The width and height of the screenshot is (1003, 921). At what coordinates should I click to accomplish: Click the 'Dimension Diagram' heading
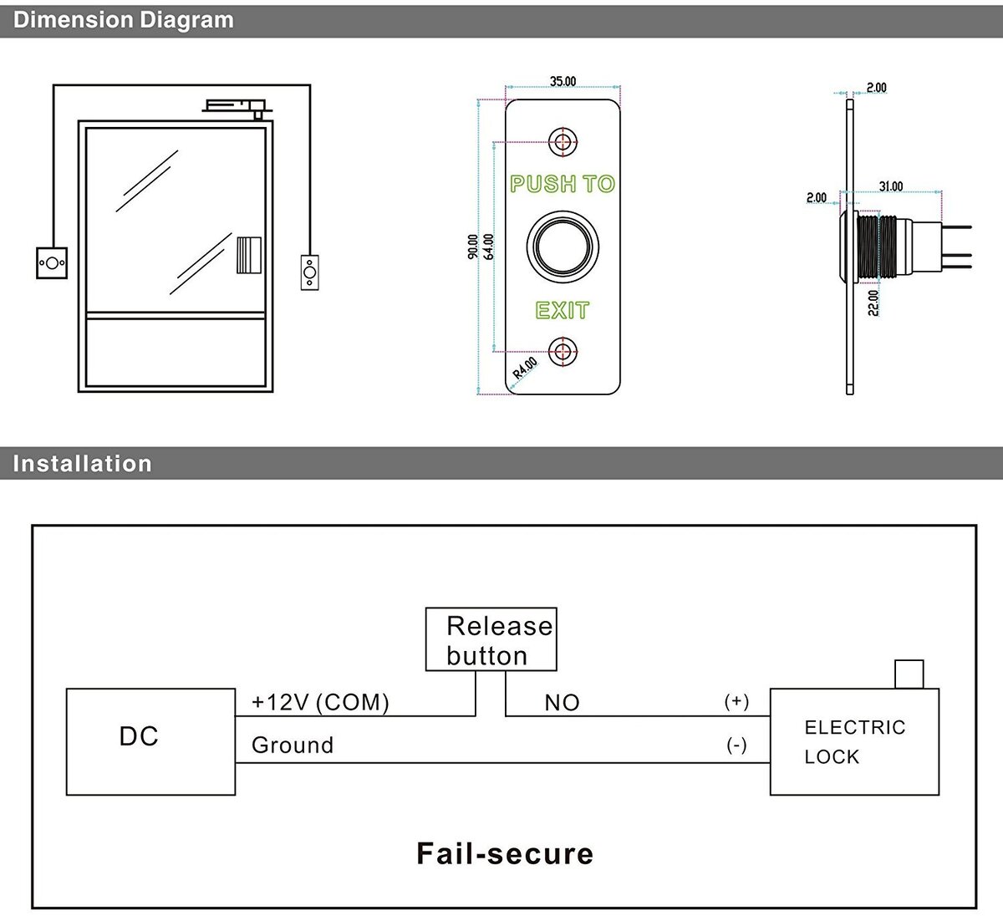pyautogui.click(x=124, y=20)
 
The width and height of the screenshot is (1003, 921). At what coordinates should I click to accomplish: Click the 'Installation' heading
pyautogui.click(x=82, y=463)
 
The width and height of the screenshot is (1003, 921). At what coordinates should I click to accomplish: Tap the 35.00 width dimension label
pyautogui.click(x=563, y=81)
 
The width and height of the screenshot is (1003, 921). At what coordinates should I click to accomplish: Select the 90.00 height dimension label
pyautogui.click(x=473, y=247)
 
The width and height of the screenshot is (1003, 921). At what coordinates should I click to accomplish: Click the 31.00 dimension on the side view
pyautogui.click(x=891, y=186)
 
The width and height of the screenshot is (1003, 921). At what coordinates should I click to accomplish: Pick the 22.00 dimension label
pyautogui.click(x=873, y=303)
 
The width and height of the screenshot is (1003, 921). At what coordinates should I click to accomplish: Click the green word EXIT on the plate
pyautogui.click(x=563, y=311)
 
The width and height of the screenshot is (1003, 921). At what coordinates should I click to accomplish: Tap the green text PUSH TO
pyautogui.click(x=563, y=184)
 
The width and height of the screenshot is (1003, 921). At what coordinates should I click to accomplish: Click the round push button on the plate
pyautogui.click(x=563, y=247)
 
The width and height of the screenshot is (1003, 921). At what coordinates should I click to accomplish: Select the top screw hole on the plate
pyautogui.click(x=563, y=141)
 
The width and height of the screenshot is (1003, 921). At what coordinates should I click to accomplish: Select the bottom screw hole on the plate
pyautogui.click(x=563, y=351)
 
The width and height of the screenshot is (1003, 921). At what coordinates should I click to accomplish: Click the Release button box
pyautogui.click(x=491, y=639)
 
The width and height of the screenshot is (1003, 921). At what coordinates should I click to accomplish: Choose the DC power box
pyautogui.click(x=150, y=741)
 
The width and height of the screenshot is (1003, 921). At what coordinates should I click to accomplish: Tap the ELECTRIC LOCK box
pyautogui.click(x=854, y=741)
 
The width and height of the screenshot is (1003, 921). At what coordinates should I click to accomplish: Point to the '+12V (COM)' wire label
pyautogui.click(x=320, y=702)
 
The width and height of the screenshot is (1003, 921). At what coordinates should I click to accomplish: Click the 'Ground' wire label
pyautogui.click(x=293, y=745)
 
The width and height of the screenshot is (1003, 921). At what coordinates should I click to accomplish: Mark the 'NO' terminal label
pyautogui.click(x=562, y=703)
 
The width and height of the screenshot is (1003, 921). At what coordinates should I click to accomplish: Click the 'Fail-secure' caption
pyautogui.click(x=505, y=853)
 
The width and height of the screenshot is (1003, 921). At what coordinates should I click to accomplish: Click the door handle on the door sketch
pyautogui.click(x=248, y=256)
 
